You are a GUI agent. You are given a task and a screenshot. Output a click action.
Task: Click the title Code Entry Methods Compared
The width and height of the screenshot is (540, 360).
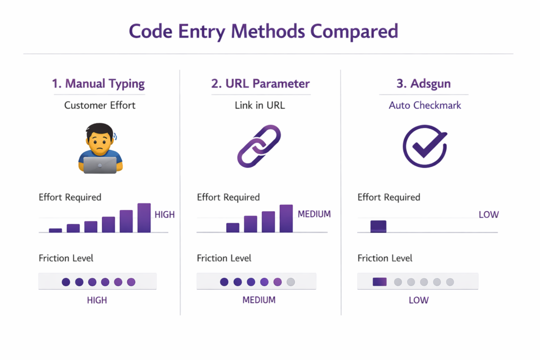click(263, 31)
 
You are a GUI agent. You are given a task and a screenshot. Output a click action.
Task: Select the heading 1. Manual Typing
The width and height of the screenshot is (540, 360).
click(98, 83)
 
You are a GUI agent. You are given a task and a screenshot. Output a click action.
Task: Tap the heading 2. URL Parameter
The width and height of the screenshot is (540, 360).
click(261, 83)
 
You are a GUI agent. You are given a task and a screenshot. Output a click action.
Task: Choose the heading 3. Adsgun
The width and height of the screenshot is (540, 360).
click(423, 83)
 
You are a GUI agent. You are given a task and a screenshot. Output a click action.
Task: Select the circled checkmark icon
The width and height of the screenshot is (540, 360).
click(425, 146)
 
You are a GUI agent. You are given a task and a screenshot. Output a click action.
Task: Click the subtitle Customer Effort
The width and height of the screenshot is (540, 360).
click(100, 105)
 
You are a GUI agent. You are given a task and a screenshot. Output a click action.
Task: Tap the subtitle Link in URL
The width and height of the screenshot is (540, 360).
click(259, 105)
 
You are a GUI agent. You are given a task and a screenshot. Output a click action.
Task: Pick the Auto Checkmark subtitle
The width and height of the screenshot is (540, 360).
click(425, 105)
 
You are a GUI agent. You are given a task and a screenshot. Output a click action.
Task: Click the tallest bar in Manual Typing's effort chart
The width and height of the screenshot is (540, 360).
click(144, 218)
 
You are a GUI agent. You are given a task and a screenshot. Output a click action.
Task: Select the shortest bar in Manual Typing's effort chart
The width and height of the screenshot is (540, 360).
click(55, 230)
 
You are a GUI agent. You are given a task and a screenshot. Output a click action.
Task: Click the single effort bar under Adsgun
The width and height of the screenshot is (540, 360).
click(378, 226)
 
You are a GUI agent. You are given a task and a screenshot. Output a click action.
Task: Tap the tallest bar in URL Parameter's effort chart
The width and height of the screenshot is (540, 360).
click(286, 218)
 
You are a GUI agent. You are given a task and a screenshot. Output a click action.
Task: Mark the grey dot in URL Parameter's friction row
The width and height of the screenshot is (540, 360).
click(291, 282)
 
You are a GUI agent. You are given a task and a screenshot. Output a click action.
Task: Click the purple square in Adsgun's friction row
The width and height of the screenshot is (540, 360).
click(380, 282)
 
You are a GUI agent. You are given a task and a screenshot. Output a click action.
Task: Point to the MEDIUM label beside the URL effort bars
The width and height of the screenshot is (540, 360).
click(314, 214)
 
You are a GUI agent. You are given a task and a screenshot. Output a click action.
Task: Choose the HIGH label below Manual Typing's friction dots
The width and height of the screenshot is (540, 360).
click(97, 300)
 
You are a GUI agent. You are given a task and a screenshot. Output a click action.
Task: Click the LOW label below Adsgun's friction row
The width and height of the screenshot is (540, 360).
click(419, 300)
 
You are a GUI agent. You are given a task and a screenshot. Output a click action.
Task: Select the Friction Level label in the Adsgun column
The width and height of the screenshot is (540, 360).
click(385, 258)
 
